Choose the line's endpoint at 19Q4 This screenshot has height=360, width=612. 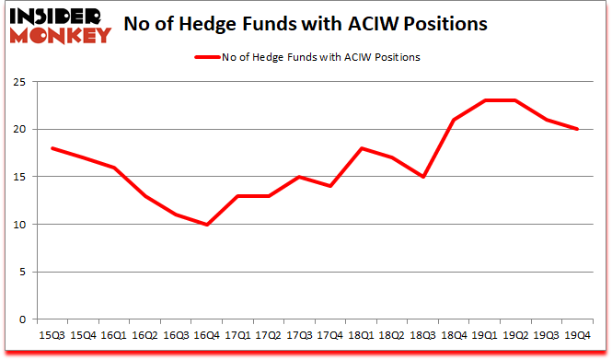click(x=577, y=129)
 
